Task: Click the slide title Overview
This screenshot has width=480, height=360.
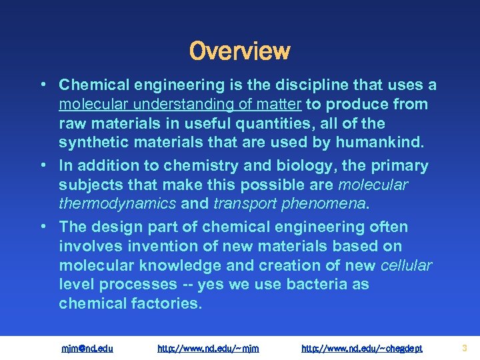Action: pos(240,51)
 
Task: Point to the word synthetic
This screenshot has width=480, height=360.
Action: pos(91,143)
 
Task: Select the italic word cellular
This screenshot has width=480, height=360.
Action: pos(406,265)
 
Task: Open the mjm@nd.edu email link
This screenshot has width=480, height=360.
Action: pos(87,348)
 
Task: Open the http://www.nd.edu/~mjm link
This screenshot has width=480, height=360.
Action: pos(208,348)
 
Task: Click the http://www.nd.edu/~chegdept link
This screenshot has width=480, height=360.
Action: pos(362,348)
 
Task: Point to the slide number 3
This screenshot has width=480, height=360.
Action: pos(464,348)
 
